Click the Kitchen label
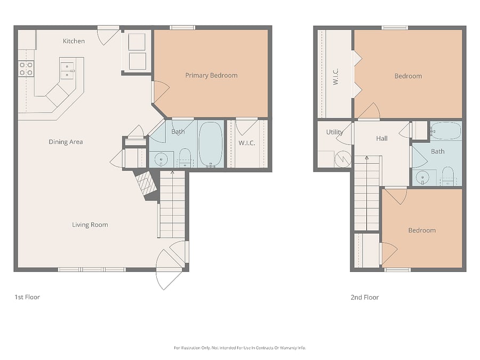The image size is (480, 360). pyautogui.click(x=74, y=41)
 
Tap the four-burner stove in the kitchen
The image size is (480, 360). pyautogui.click(x=26, y=69)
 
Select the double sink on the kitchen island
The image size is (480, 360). pyautogui.click(x=67, y=71)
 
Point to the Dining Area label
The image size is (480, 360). pyautogui.click(x=66, y=142)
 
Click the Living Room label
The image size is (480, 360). pyautogui.click(x=90, y=225)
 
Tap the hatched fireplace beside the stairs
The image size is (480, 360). pyautogui.click(x=146, y=183)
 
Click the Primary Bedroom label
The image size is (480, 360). pyautogui.click(x=211, y=75)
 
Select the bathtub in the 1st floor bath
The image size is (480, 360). pyautogui.click(x=211, y=144)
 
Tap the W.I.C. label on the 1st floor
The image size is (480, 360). pyautogui.click(x=247, y=143)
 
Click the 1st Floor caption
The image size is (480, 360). pyautogui.click(x=27, y=297)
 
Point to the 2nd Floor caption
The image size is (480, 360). pyautogui.click(x=365, y=297)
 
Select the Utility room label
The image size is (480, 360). pyautogui.click(x=334, y=132)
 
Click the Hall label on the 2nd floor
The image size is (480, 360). pyautogui.click(x=382, y=138)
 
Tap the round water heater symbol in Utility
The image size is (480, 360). pyautogui.click(x=343, y=159)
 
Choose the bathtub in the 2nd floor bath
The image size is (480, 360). pyautogui.click(x=446, y=131)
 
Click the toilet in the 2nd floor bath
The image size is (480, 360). pyautogui.click(x=448, y=175)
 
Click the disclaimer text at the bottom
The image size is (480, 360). pyautogui.click(x=239, y=348)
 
